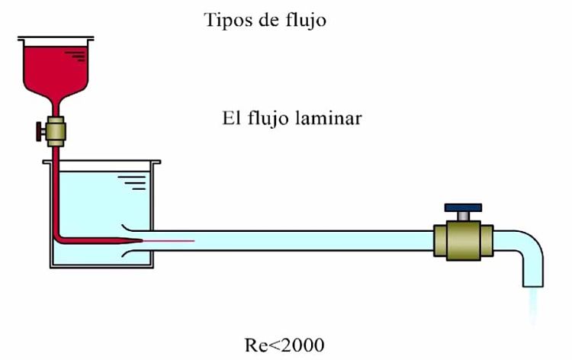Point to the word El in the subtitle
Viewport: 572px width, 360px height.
231,119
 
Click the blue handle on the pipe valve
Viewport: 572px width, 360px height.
464,207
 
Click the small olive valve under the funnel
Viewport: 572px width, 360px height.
55,132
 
